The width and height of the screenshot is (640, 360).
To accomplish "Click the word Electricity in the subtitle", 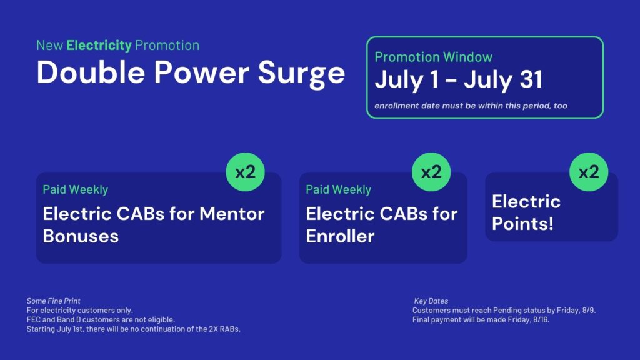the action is [99, 45].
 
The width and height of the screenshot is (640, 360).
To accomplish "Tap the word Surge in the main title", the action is [301, 74].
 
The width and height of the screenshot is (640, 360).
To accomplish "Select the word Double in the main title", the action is [91, 72].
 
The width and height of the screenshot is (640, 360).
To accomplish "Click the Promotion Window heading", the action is [434, 57].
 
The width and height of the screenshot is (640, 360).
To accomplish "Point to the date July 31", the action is [503, 79].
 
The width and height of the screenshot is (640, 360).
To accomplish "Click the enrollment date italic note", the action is [471, 106].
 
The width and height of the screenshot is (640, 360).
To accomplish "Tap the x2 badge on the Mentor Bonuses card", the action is [245, 172].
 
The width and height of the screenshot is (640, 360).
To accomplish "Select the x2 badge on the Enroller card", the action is [431, 172].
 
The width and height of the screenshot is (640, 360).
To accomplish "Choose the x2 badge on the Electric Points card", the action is [589, 172].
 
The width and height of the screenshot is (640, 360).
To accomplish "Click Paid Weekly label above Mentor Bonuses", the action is [76, 190].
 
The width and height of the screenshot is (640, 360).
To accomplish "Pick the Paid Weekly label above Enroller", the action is [338, 190].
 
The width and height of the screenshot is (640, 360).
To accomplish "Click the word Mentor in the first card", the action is [232, 214].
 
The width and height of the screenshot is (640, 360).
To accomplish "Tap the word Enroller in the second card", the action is [340, 236].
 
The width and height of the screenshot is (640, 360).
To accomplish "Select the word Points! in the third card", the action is [523, 224].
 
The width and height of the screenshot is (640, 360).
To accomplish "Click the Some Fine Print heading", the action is [54, 301].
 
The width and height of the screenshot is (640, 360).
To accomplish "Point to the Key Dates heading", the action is [431, 301].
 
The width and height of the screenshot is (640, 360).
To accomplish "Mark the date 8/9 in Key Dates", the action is [589, 311].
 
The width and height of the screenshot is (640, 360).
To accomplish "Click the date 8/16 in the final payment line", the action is [541, 320].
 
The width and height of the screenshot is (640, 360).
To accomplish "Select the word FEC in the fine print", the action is [34, 320].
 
